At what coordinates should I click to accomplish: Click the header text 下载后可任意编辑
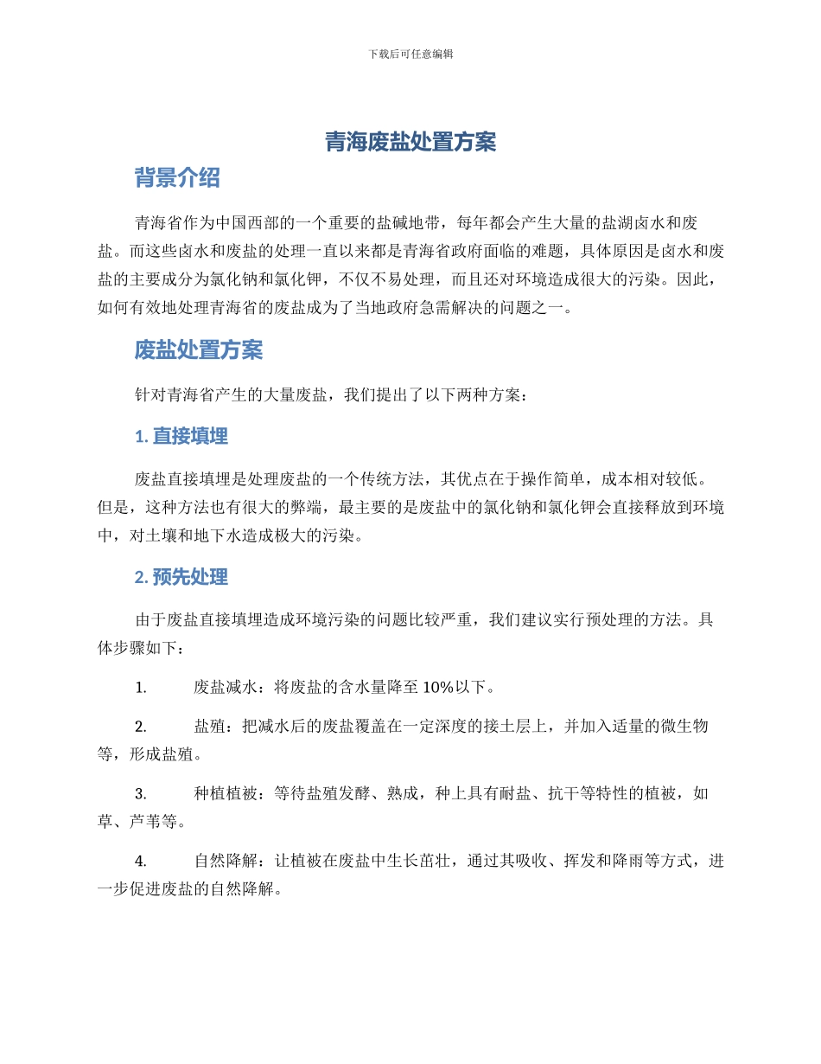[x=410, y=54]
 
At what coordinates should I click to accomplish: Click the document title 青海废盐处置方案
[x=410, y=142]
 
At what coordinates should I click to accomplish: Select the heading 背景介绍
[x=177, y=178]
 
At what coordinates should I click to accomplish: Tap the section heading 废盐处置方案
[x=199, y=350]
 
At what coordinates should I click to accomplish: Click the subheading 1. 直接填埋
[x=181, y=437]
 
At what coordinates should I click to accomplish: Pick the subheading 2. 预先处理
[x=181, y=577]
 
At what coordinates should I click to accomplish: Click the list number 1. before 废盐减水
[x=140, y=689]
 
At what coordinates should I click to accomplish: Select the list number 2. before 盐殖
[x=140, y=727]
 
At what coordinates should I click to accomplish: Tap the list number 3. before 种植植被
[x=140, y=793]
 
